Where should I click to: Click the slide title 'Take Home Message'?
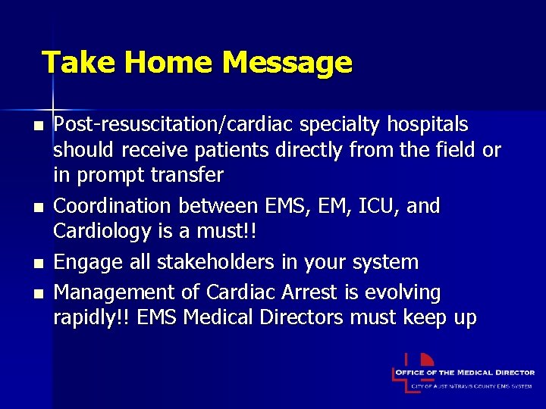pyautogui.click(x=196, y=62)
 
